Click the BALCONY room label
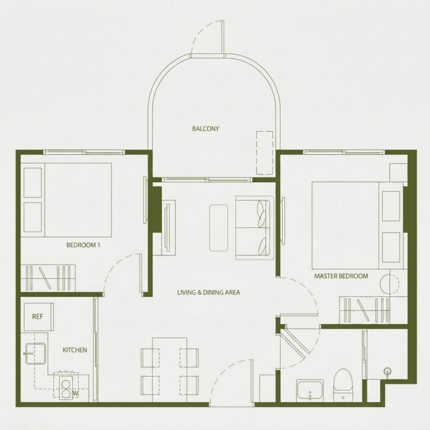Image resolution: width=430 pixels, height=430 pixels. click(205, 128)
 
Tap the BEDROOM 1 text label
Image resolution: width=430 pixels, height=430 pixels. click(83, 245)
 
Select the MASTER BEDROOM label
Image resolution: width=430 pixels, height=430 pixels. click(341, 276)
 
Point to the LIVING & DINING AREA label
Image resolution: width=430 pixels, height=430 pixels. click(208, 292)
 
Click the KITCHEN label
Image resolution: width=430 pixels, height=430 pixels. click(75, 350)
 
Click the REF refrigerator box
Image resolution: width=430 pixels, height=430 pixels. click(39, 317)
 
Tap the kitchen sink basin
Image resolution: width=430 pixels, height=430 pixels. click(36, 354)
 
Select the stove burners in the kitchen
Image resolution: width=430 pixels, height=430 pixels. click(66, 389)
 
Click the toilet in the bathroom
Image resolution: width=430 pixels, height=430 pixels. click(343, 385)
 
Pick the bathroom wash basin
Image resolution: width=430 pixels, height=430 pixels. click(310, 390)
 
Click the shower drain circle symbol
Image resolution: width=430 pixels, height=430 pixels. click(387, 371)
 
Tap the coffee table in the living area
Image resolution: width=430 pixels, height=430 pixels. click(219, 228)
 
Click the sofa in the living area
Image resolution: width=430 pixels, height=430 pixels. click(255, 228)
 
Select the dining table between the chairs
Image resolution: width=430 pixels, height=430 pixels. click(170, 370)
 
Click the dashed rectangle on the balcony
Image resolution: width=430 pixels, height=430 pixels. click(265, 153)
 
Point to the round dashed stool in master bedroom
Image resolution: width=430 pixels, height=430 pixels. click(389, 282)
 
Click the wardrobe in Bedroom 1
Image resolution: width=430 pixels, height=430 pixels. click(48, 278)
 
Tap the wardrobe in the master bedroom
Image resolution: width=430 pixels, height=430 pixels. click(364, 310)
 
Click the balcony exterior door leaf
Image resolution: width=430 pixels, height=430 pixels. click(222, 37)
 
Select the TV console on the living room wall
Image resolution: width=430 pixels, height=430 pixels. click(168, 228)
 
